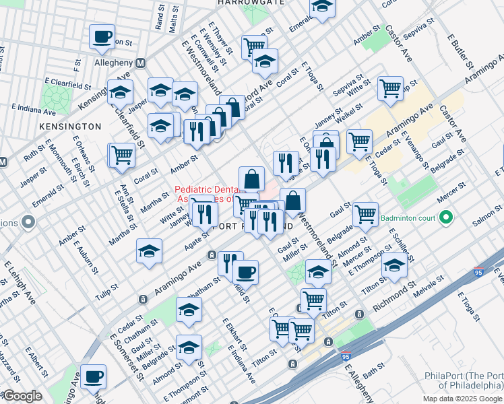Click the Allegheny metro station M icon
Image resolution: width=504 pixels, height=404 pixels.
141,63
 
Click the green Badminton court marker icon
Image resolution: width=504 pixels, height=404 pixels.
445,217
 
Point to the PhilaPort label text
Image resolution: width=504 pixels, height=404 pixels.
463,381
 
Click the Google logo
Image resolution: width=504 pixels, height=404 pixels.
22,396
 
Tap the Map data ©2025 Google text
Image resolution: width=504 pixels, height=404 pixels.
462,399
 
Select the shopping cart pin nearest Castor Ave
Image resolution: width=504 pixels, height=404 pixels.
391,88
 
